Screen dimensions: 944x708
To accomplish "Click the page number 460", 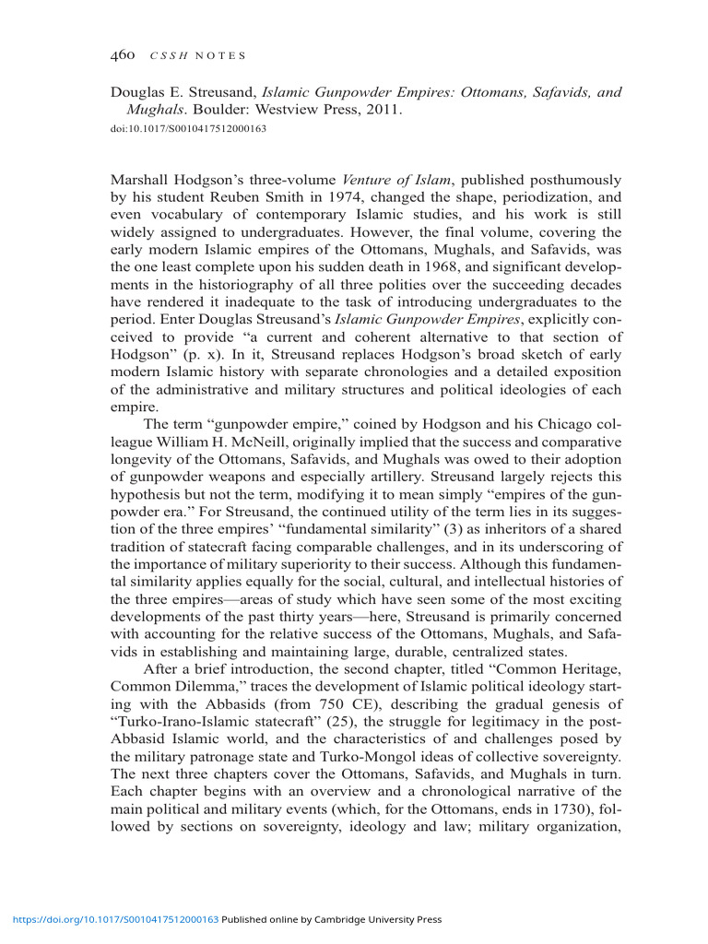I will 124,56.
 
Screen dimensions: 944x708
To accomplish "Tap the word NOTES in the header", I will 225,57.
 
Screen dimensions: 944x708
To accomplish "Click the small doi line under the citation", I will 188,128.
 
